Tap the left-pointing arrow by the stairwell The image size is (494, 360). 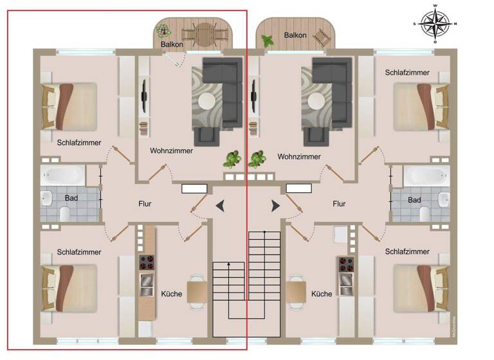coord(220,206)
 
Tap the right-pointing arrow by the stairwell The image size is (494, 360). coord(275,206)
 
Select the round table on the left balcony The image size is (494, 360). coord(205,33)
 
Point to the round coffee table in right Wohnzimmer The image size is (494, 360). coord(316,101)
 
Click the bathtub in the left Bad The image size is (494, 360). coord(63,175)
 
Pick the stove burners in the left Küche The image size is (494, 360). coord(147,262)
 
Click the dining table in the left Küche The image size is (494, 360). coord(196,291)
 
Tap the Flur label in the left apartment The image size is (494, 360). coord(145,204)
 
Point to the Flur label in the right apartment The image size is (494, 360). coord(339,204)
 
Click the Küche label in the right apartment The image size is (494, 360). coord(322,294)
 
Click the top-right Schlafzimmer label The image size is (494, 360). coord(407,73)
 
